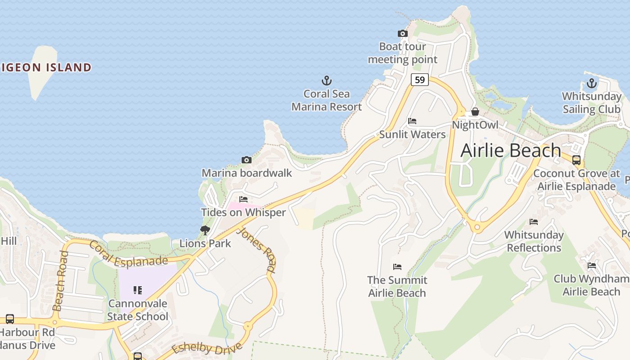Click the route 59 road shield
coord(419,80)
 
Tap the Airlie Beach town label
coord(510,150)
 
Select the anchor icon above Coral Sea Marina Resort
coord(327,81)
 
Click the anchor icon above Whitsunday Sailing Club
coord(591,83)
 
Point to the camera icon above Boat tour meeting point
coord(403,34)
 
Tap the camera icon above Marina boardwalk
coord(246,160)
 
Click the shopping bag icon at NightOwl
coord(475,112)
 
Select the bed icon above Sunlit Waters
coord(412,121)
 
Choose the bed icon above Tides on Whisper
coord(243,199)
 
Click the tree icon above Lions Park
coord(205,230)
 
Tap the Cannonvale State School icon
coord(138,290)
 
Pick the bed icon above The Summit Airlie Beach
coord(397,267)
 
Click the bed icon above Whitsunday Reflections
coord(534,222)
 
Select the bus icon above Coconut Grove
coord(576,160)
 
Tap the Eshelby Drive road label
coord(207,348)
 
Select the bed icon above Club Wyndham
coord(591,266)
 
